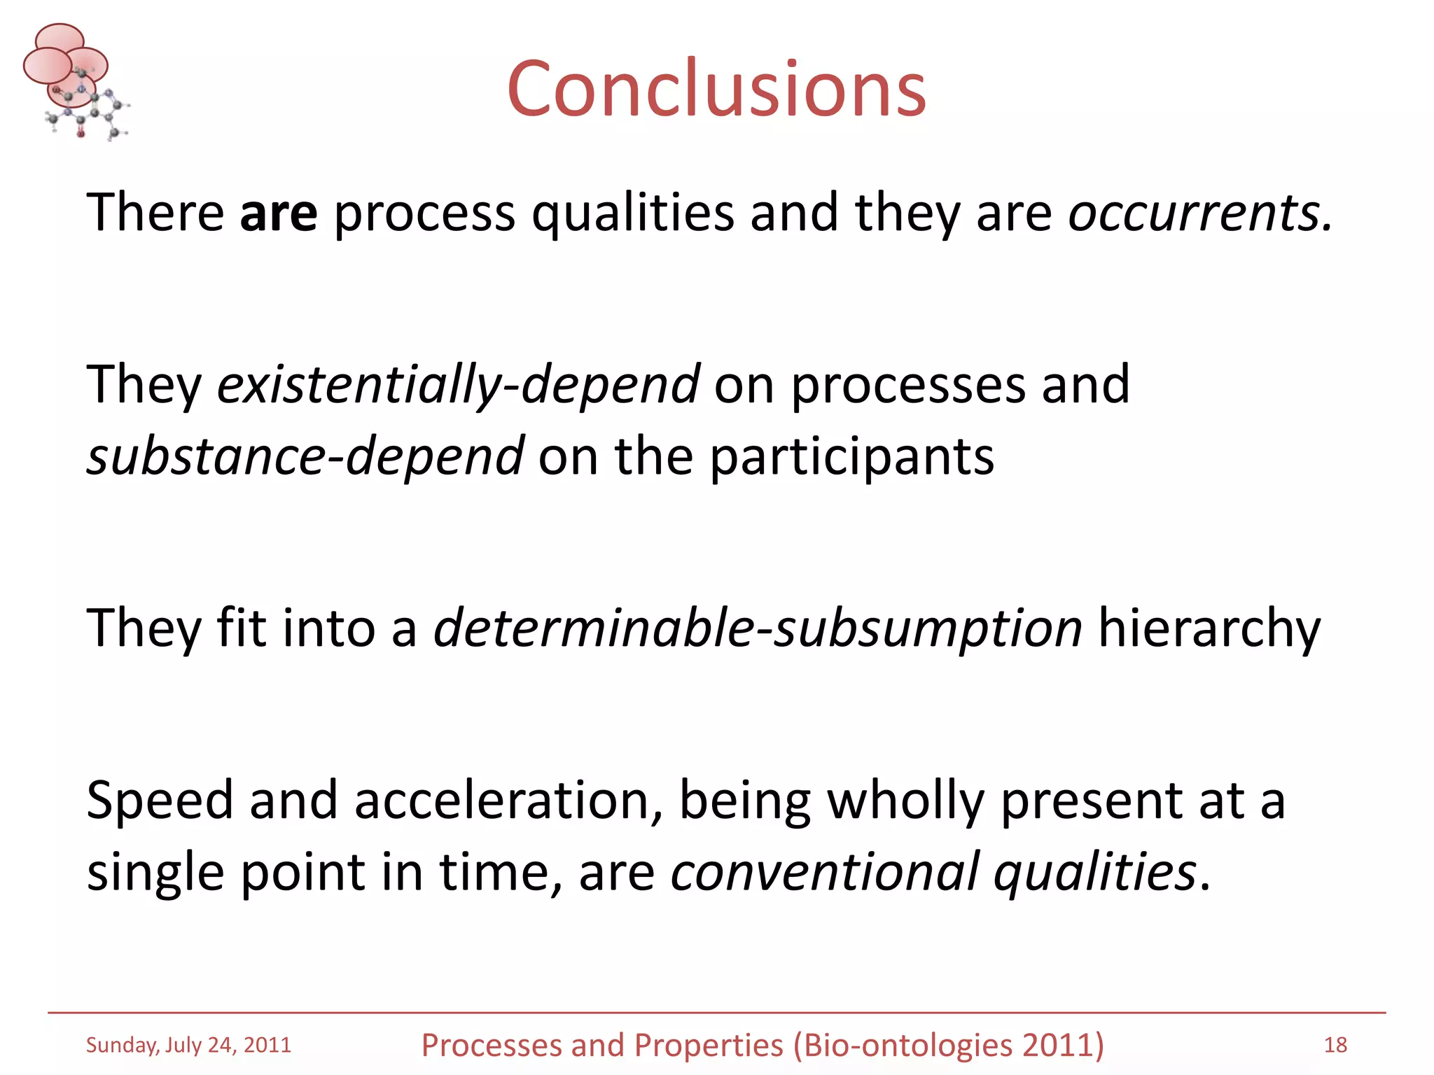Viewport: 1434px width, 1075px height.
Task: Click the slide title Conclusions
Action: point(716,89)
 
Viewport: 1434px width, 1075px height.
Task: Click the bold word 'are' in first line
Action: point(278,213)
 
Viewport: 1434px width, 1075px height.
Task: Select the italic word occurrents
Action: point(1199,213)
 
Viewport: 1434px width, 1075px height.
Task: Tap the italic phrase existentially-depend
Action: point(458,385)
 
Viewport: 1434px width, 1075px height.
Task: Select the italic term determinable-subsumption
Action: point(758,628)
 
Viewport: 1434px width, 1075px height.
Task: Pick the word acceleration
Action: point(508,800)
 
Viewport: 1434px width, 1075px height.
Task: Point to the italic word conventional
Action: point(824,872)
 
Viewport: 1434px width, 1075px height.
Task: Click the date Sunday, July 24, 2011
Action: point(188,1045)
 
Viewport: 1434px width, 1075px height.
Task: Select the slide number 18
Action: point(1335,1045)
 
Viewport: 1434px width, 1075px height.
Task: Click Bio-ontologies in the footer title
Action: point(908,1046)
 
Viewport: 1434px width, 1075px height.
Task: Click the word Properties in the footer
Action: point(709,1046)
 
